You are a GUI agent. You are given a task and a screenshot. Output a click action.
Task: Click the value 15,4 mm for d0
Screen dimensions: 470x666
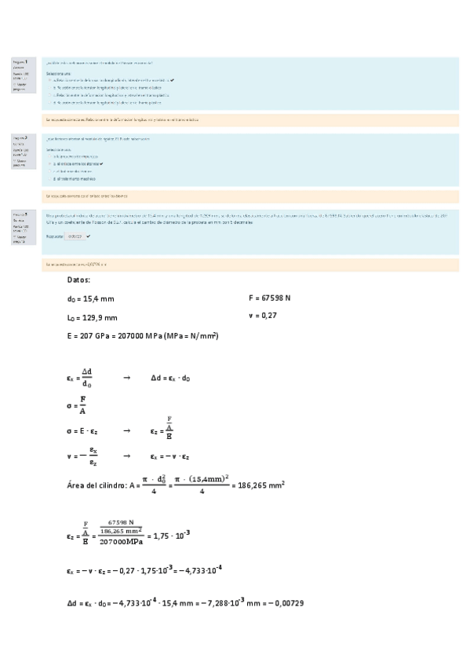[100, 298]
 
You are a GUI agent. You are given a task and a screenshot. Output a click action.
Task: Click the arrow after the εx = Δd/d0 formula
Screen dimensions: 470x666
[126, 378]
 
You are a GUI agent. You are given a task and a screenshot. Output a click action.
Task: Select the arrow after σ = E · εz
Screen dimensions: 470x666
[126, 431]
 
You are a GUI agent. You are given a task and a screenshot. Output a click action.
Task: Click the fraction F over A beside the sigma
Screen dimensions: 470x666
[83, 405]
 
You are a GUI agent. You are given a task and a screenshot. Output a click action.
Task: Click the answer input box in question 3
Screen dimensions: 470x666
[75, 236]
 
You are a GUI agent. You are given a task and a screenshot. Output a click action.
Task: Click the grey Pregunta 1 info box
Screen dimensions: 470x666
[24, 75]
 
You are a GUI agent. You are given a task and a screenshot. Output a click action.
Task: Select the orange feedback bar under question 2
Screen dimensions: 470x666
[251, 196]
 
